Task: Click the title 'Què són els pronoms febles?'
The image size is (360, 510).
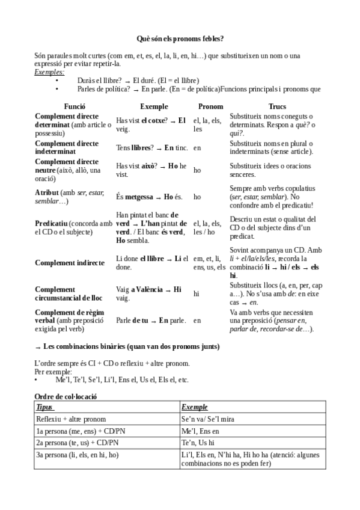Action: pyautogui.click(x=180, y=38)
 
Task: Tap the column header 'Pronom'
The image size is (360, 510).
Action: pyautogui.click(x=210, y=106)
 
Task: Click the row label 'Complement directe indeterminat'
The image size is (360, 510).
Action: pyautogui.click(x=67, y=147)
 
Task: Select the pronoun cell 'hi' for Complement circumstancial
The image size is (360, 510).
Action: pyautogui.click(x=197, y=294)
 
